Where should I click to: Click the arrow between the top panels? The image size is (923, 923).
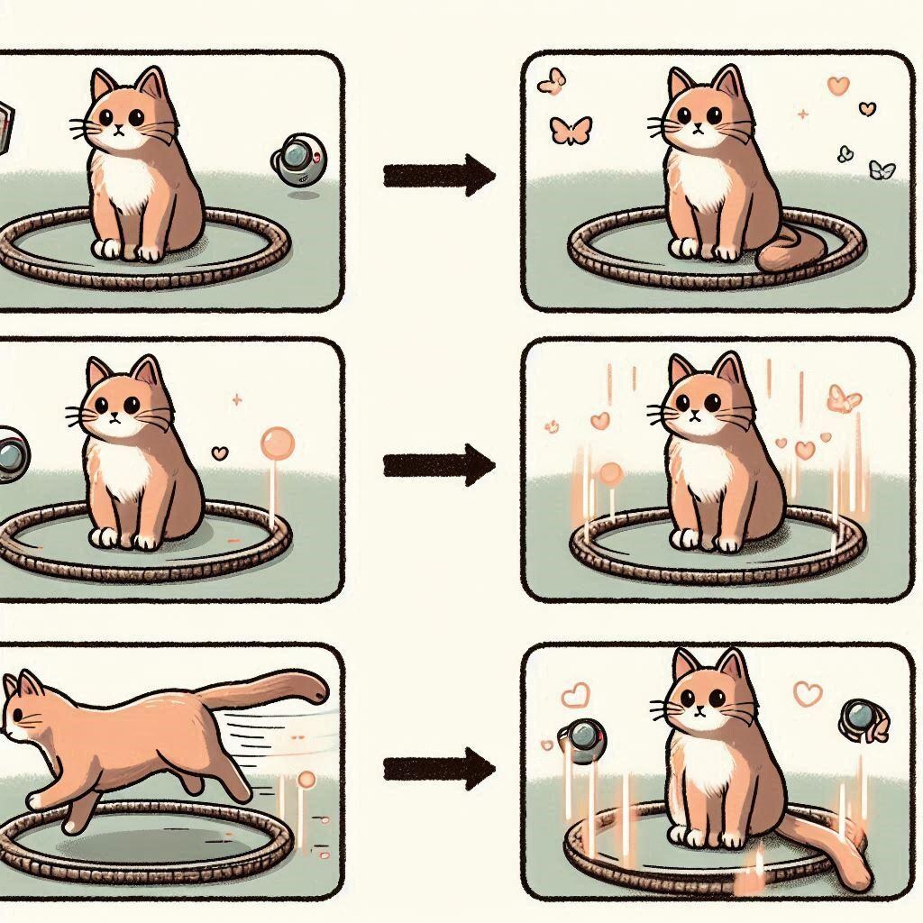(x=439, y=175)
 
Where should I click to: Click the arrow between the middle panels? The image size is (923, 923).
(x=439, y=465)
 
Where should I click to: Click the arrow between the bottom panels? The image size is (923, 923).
(x=439, y=768)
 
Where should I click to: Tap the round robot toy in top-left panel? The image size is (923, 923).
(x=298, y=160)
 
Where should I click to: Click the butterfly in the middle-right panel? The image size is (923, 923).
(x=844, y=398)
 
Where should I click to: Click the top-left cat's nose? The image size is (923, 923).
(x=120, y=129)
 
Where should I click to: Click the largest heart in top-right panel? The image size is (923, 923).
(x=837, y=87)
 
